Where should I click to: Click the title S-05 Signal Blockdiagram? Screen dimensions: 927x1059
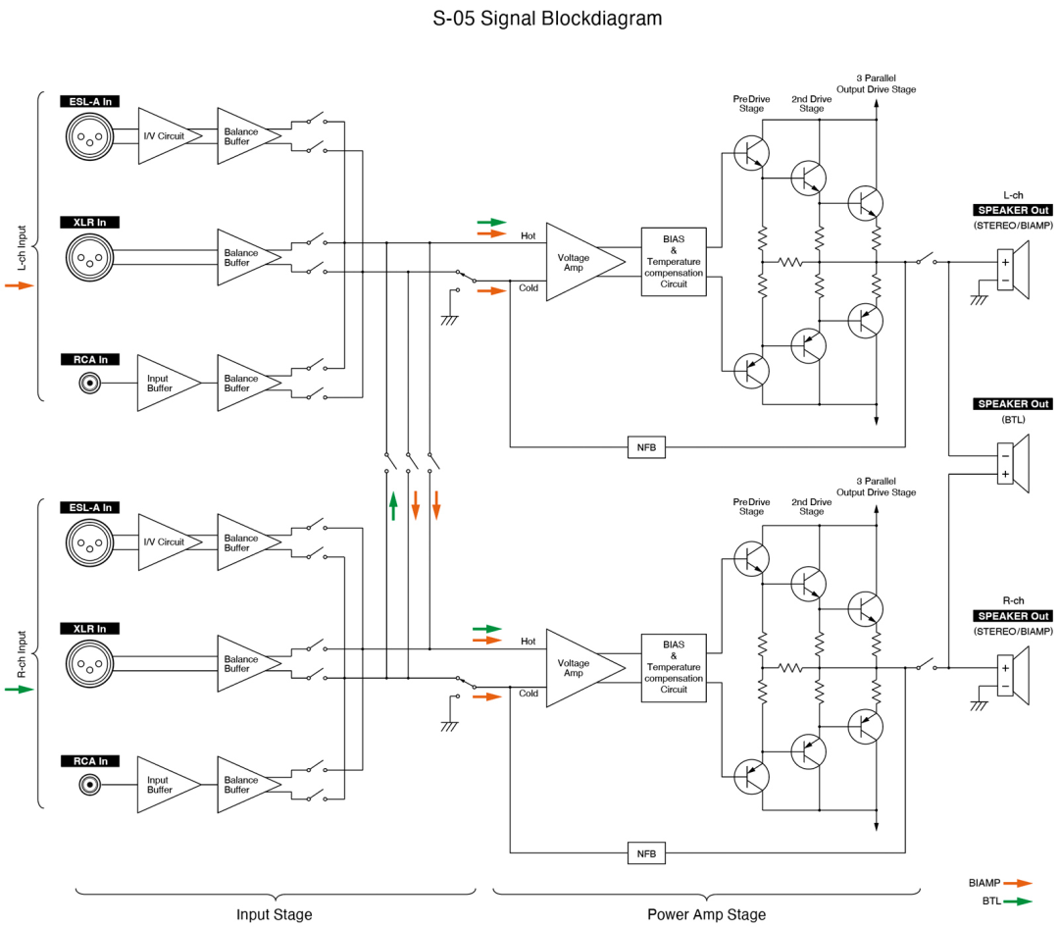[547, 19]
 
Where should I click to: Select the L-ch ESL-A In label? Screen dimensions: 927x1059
[89, 101]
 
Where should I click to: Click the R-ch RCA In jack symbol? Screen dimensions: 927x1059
[90, 784]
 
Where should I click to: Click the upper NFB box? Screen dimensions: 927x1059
[646, 447]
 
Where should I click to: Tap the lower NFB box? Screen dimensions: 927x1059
[646, 853]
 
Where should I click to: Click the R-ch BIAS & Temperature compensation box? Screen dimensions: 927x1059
[674, 667]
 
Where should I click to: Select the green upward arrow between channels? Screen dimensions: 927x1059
[393, 505]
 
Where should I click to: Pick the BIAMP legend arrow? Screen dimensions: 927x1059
[1018, 883]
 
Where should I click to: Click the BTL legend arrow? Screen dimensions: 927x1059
[1018, 901]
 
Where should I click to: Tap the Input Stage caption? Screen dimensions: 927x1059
[275, 914]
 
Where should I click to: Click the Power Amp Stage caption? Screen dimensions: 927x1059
[706, 914]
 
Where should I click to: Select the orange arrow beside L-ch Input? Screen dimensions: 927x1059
[19, 285]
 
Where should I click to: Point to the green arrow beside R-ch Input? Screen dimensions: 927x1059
[19, 690]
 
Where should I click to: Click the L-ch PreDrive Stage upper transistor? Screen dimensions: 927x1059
[751, 152]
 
